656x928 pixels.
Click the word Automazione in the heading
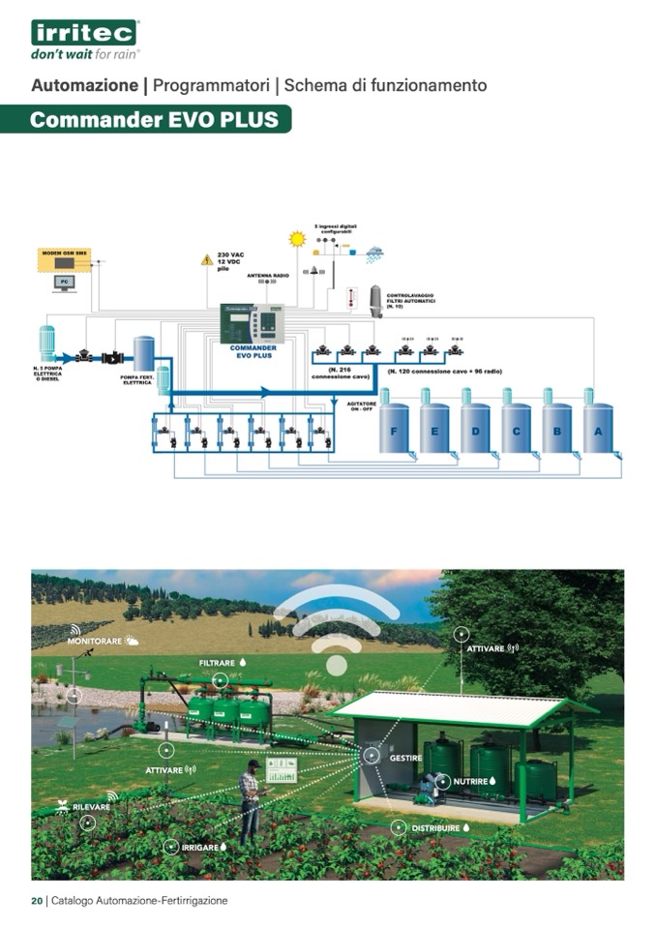[x=85, y=85]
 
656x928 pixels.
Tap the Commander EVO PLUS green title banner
[x=155, y=120]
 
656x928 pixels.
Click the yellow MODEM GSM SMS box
[x=64, y=259]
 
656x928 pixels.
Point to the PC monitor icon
[x=64, y=284]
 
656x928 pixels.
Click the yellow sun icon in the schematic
[x=296, y=237]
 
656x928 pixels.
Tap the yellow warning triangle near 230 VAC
[x=206, y=260]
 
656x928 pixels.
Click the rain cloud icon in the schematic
[x=373, y=254]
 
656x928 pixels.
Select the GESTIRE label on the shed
[x=404, y=758]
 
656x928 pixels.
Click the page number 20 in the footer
[x=37, y=900]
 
